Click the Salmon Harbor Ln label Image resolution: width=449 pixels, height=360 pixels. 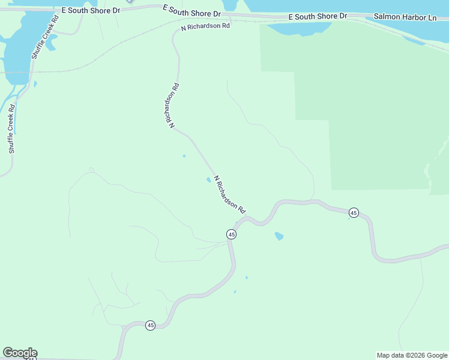coord(405,18)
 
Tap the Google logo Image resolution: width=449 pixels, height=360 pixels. coord(20,353)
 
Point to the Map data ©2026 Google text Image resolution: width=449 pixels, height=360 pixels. coord(412,355)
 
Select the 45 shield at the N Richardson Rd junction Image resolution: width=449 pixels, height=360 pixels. coord(232,234)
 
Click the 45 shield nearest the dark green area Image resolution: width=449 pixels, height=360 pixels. coord(354,212)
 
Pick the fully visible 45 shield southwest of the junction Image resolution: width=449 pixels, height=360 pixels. coord(150,325)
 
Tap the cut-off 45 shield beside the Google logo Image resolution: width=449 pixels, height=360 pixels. coord(31,358)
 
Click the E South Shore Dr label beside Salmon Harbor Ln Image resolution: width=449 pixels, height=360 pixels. coord(318,16)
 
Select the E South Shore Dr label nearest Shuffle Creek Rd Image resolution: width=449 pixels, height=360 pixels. coord(91,11)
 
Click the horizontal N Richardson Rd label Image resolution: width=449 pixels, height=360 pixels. coord(206,27)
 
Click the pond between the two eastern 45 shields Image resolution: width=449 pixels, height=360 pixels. coord(279,236)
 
